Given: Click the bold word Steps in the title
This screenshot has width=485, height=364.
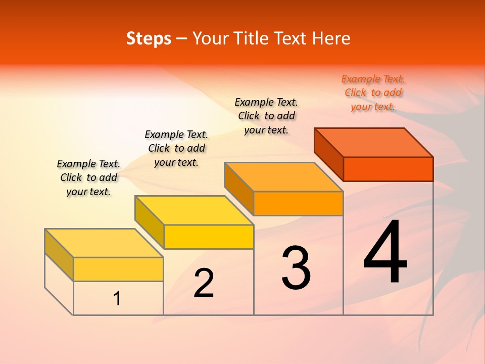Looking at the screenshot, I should click(149, 38).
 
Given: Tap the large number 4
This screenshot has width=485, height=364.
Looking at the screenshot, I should click(385, 253).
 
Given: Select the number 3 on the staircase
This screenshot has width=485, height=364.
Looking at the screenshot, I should click(296, 268).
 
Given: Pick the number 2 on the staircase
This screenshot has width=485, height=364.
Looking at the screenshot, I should click(204, 283).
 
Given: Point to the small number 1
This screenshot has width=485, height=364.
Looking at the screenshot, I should click(117, 299).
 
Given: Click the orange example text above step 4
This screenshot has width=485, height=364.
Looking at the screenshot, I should click(373, 93).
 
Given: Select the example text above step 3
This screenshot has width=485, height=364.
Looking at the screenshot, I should click(266, 116).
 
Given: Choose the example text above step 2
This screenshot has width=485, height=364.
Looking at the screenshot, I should click(176, 148).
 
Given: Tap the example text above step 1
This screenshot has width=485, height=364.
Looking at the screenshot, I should click(88, 177).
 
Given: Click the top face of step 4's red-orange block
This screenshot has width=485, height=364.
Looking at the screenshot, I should click(374, 142).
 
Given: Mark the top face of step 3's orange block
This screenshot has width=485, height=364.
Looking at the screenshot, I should click(283, 177).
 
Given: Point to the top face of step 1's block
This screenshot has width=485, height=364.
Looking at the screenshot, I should click(104, 243).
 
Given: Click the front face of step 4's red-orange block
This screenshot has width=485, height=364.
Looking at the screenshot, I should click(388, 169).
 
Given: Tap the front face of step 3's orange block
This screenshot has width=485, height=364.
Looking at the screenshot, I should click(298, 204).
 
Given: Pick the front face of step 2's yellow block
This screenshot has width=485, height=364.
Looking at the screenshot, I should click(209, 237).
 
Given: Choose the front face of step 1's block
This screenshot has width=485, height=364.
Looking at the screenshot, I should click(118, 269).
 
